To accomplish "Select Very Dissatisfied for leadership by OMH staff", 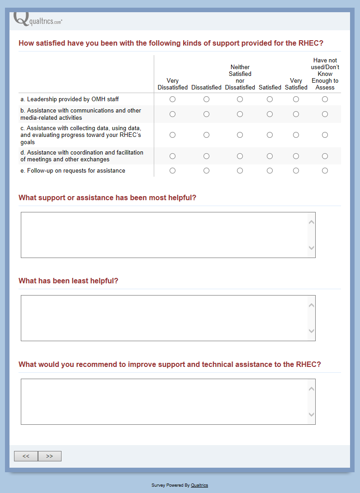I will [172, 99].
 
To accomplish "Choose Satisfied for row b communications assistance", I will [270, 114].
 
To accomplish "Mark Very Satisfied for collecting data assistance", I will [296, 135].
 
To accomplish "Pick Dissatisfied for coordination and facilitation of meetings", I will [206, 156].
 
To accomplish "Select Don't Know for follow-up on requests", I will [325, 171].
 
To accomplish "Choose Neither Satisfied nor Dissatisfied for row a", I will [240, 99].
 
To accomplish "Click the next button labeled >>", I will [50, 456].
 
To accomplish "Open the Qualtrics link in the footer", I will [199, 485].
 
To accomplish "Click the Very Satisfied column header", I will [296, 84].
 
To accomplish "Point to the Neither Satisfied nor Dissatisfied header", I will [240, 77].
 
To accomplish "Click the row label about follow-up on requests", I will [73, 171].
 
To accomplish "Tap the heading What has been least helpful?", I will [68, 281].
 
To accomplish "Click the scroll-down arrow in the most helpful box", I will [311, 248].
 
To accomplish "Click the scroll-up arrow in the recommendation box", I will [311, 389].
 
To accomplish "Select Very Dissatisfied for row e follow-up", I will [172, 171].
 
